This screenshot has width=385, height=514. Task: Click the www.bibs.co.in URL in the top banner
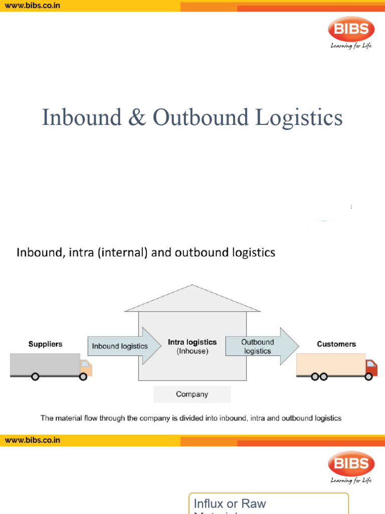[x=33, y=7]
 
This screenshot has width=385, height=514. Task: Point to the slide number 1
[x=351, y=207]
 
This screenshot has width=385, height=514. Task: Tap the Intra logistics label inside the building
[x=192, y=342]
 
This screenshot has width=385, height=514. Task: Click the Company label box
[x=192, y=394]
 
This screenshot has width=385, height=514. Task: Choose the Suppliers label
[x=45, y=344]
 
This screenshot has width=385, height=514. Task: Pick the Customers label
[x=336, y=344]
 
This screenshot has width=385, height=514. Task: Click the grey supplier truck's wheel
[x=35, y=376]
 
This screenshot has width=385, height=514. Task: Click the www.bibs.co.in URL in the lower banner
[x=33, y=440]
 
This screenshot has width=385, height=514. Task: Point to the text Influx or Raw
[x=230, y=503]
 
